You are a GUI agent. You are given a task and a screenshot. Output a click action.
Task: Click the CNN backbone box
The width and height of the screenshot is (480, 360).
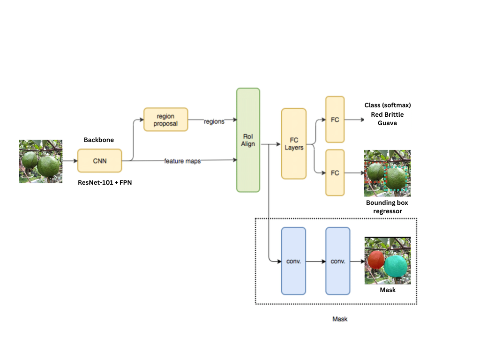click(99, 161)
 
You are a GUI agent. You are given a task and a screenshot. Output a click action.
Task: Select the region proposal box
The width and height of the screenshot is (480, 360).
click(165, 120)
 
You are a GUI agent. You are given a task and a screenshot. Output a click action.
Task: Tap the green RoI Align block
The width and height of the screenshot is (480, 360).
click(248, 140)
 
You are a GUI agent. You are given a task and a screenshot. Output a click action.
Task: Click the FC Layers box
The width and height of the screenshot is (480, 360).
click(294, 143)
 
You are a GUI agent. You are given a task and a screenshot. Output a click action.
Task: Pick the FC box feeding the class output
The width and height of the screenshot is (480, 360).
click(335, 120)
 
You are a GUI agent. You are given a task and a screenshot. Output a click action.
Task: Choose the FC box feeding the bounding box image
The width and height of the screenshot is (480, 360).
click(335, 172)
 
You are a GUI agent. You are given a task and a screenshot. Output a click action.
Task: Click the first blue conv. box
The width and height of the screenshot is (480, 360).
click(293, 261)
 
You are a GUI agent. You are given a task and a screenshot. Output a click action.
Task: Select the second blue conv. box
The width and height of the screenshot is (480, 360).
click(338, 261)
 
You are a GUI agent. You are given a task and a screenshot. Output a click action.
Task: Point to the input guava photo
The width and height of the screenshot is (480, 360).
click(41, 161)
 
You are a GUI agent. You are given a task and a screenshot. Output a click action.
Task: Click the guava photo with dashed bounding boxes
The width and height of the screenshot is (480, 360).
click(387, 173)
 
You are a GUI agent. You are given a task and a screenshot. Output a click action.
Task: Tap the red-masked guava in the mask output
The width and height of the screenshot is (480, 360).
click(376, 260)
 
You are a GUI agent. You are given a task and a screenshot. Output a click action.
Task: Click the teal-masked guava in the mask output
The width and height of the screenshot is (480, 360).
click(397, 265)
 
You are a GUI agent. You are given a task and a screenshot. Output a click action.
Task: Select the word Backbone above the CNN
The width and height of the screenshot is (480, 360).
click(99, 140)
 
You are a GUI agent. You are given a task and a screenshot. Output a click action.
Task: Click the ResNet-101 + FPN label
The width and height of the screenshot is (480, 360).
click(105, 183)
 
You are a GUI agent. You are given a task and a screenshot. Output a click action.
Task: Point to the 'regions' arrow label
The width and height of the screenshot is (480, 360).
click(214, 121)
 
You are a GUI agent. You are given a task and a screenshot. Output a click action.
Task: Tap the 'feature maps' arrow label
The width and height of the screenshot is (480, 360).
click(182, 161)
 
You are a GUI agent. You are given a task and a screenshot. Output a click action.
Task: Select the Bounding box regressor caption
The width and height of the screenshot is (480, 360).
click(387, 207)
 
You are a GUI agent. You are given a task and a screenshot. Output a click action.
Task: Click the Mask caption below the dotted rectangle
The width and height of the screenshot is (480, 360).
click(340, 319)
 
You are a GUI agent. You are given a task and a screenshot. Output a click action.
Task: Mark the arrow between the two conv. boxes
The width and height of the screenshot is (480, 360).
click(315, 262)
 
